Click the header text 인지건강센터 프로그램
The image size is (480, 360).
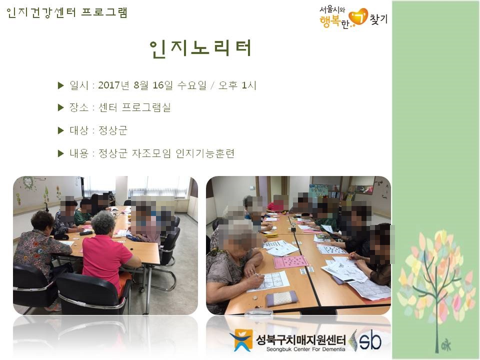pos(67,12)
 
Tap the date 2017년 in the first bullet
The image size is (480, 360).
pos(114,85)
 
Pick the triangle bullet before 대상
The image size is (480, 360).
pos(61,130)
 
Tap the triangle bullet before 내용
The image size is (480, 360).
pos(61,153)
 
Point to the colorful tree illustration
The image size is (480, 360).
pos(434,280)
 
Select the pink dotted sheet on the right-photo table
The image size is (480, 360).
pos(290,262)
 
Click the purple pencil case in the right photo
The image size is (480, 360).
pos(281,298)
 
